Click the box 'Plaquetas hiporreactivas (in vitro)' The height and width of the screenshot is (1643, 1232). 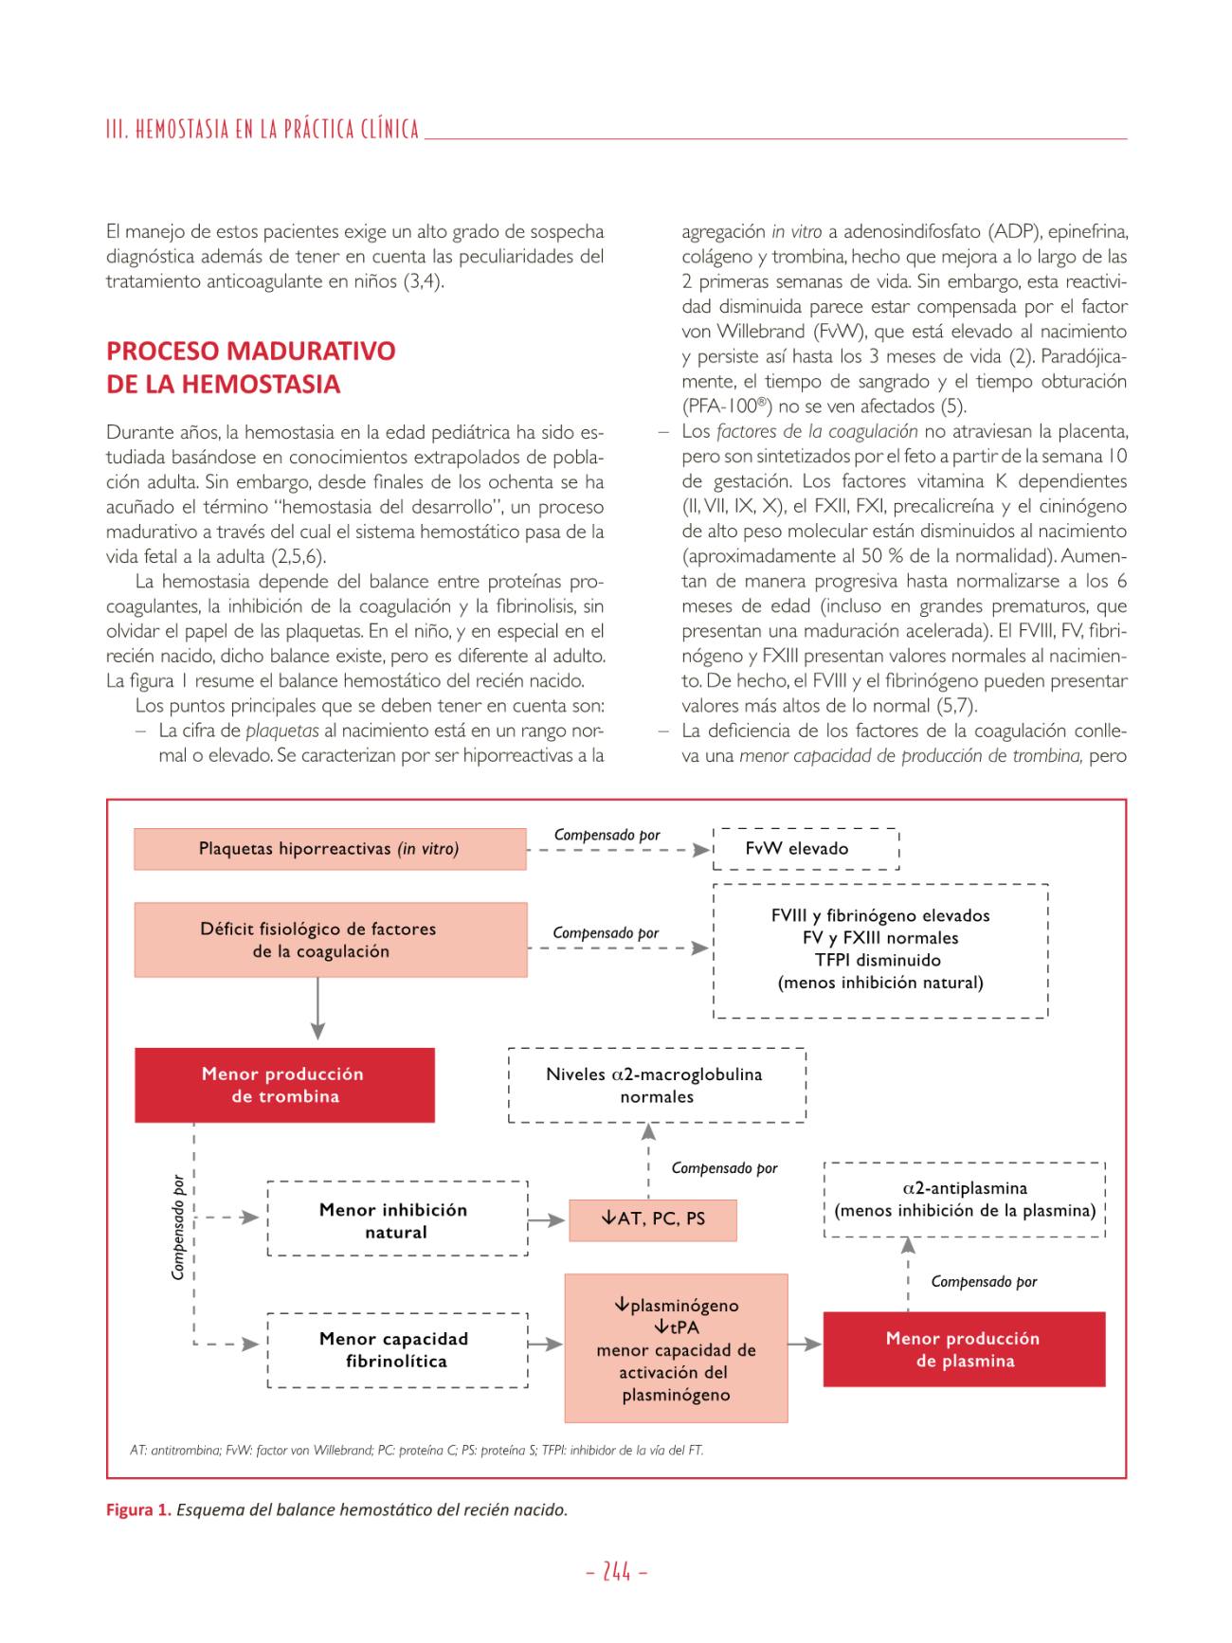(x=330, y=849)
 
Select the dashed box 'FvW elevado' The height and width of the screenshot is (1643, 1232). (x=806, y=849)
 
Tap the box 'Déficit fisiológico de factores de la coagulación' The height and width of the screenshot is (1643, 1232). (x=330, y=940)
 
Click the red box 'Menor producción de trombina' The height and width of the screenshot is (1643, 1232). (x=284, y=1085)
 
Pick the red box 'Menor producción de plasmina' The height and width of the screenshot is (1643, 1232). (x=964, y=1349)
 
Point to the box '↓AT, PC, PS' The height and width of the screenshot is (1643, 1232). (x=653, y=1219)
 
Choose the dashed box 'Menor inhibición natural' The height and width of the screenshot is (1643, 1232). (x=397, y=1219)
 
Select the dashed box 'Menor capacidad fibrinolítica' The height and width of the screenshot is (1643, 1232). (x=397, y=1350)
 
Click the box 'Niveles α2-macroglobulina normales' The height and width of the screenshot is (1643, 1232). (x=657, y=1085)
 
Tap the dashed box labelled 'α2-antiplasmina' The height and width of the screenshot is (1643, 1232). (x=965, y=1200)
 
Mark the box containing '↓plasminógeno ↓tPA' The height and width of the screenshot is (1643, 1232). (x=676, y=1348)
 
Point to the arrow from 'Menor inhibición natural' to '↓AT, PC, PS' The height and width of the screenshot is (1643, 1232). (x=547, y=1220)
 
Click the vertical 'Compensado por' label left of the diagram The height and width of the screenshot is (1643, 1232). (x=178, y=1228)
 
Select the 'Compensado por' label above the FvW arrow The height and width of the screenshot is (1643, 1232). (x=607, y=835)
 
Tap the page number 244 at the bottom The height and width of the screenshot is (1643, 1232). (x=617, y=1572)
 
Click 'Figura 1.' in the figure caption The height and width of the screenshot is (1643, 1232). (x=138, y=1509)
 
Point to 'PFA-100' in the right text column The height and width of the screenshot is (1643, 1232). (x=723, y=406)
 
